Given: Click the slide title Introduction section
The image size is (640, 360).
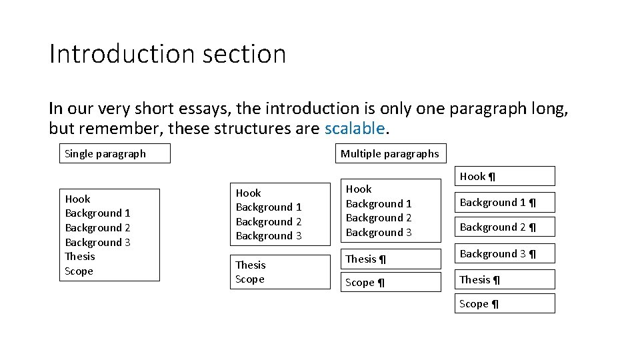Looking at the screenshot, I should point(167,54).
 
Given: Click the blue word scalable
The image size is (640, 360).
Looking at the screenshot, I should point(355,128).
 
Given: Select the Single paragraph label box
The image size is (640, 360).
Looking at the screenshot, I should point(115,154).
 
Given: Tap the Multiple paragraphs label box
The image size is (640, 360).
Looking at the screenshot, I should point(390,154).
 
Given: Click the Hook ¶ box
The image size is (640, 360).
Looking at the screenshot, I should point(505,176).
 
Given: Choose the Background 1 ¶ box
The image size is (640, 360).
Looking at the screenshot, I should point(505,202).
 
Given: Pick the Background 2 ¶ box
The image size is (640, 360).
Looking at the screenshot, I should point(505,227).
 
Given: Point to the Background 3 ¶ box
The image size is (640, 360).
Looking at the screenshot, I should point(505,254).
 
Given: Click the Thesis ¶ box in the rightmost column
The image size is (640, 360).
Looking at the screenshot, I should point(505,280).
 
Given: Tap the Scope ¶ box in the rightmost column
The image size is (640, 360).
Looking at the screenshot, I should point(505,304).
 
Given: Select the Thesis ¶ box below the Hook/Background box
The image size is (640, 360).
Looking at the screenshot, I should point(391,259).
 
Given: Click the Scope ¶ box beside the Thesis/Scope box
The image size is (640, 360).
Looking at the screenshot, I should point(391,283).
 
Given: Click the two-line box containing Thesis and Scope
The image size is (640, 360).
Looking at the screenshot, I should point(280,272).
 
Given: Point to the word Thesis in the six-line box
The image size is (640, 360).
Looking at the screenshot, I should point(80,257).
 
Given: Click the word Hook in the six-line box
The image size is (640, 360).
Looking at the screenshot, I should point(77,199).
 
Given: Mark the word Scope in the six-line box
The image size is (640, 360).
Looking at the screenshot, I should point(79,271).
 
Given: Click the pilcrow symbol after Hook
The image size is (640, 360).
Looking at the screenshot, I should point(492,177).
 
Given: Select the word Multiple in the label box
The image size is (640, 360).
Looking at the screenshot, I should point(359,154).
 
